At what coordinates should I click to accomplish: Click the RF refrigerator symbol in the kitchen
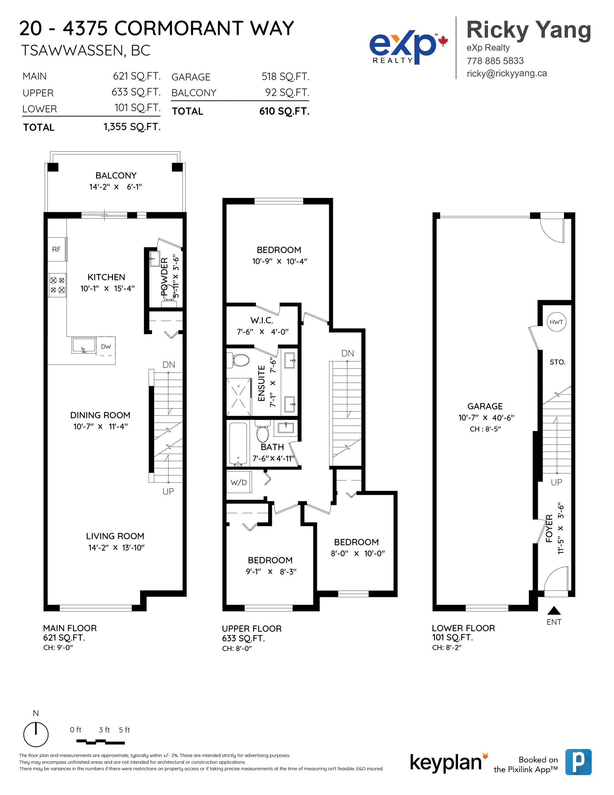(x=57, y=249)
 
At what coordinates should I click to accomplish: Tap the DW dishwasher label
(x=106, y=346)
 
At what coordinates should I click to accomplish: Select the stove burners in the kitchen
(x=58, y=285)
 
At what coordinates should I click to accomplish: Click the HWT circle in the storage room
(x=556, y=322)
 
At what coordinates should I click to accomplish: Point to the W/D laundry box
(x=239, y=482)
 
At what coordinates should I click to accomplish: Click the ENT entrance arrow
(x=554, y=610)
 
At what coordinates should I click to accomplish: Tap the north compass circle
(x=36, y=734)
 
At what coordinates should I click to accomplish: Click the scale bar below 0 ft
(x=100, y=742)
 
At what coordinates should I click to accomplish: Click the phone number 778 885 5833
(x=495, y=61)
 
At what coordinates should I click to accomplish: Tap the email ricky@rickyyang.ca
(x=507, y=73)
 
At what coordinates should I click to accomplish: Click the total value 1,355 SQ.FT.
(x=132, y=127)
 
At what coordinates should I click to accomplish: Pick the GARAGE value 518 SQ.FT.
(x=285, y=77)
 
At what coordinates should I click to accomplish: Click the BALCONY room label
(x=116, y=175)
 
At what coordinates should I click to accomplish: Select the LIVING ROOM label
(x=115, y=536)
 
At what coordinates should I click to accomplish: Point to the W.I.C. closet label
(x=262, y=320)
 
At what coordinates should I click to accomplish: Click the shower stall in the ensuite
(x=239, y=397)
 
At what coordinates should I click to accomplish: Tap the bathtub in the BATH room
(x=238, y=443)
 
